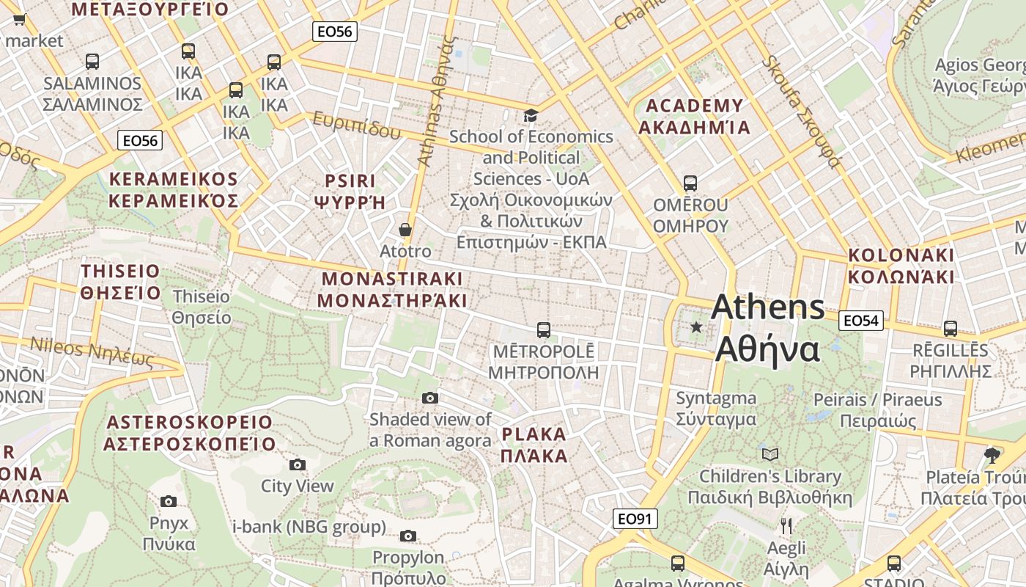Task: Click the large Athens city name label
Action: point(767,327)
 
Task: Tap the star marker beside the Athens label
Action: point(696,327)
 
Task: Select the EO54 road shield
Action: point(860,320)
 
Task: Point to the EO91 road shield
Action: point(635,519)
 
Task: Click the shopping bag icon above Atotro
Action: point(405,230)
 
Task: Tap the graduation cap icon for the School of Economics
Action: point(530,115)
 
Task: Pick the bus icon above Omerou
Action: point(690,183)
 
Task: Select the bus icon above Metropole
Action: point(543,329)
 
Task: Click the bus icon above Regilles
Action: point(951,328)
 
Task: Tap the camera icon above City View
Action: point(297,464)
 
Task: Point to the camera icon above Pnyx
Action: point(169,501)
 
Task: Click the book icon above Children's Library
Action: point(769,454)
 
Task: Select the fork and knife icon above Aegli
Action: point(786,525)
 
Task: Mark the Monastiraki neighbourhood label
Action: point(392,290)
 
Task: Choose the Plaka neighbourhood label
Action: point(534,445)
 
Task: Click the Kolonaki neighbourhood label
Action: point(901,266)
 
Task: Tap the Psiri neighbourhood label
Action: point(350,192)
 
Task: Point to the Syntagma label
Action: point(715,409)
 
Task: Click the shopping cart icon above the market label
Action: point(19,19)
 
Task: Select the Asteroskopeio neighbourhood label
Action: point(189,433)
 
